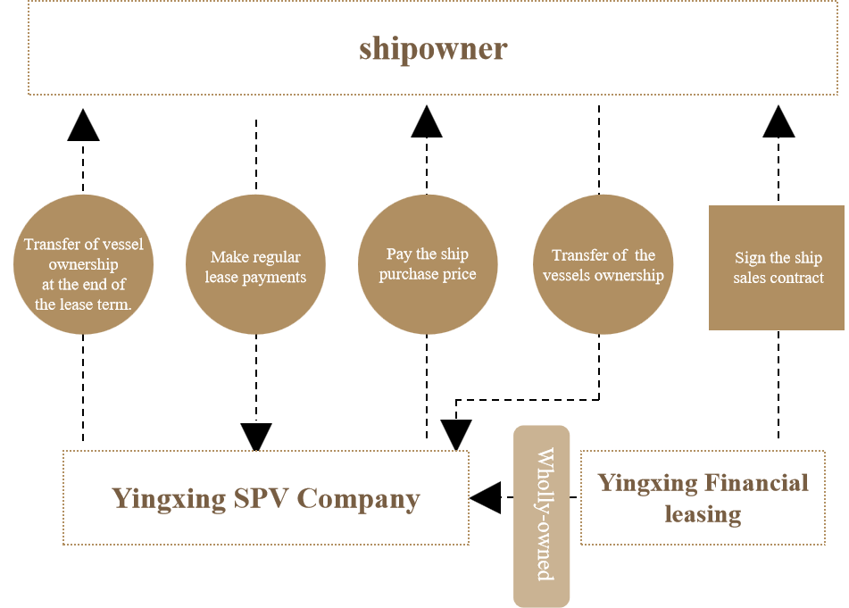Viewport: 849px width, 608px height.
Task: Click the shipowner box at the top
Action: coord(432,48)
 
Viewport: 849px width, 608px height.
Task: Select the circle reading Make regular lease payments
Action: coord(255,265)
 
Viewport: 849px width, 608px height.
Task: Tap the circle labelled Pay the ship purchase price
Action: coord(428,265)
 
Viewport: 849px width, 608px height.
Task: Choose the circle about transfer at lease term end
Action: coord(83,265)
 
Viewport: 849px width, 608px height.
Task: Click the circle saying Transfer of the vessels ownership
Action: coord(603,265)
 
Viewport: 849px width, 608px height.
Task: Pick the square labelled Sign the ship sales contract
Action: coord(777,267)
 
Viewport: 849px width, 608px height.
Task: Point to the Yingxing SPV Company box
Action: coord(265,497)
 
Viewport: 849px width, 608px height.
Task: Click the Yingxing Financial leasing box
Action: coord(703,497)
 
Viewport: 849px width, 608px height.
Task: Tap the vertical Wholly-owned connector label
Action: coord(542,515)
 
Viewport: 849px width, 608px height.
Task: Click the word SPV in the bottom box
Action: coord(262,497)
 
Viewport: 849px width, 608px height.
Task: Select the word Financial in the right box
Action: coord(755,483)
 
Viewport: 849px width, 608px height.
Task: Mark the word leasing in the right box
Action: coord(703,514)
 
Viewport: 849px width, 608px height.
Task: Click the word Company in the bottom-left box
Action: coord(358,498)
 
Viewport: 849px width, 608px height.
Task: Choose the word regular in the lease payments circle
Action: coord(277,257)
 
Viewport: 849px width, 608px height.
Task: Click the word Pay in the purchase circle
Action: coord(398,254)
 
